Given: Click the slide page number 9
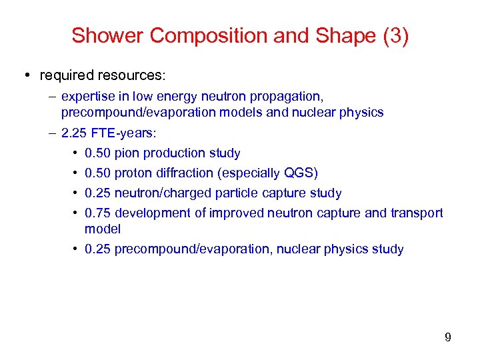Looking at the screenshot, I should (x=447, y=337).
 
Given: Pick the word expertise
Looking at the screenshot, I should (x=87, y=97).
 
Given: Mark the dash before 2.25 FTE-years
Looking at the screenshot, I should (x=52, y=133).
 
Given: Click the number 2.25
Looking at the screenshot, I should (x=73, y=133).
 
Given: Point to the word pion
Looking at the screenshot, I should (x=127, y=153).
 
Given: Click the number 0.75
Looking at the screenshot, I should (x=97, y=213).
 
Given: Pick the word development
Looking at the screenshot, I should (x=153, y=213).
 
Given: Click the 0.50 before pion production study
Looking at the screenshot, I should (x=97, y=153).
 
